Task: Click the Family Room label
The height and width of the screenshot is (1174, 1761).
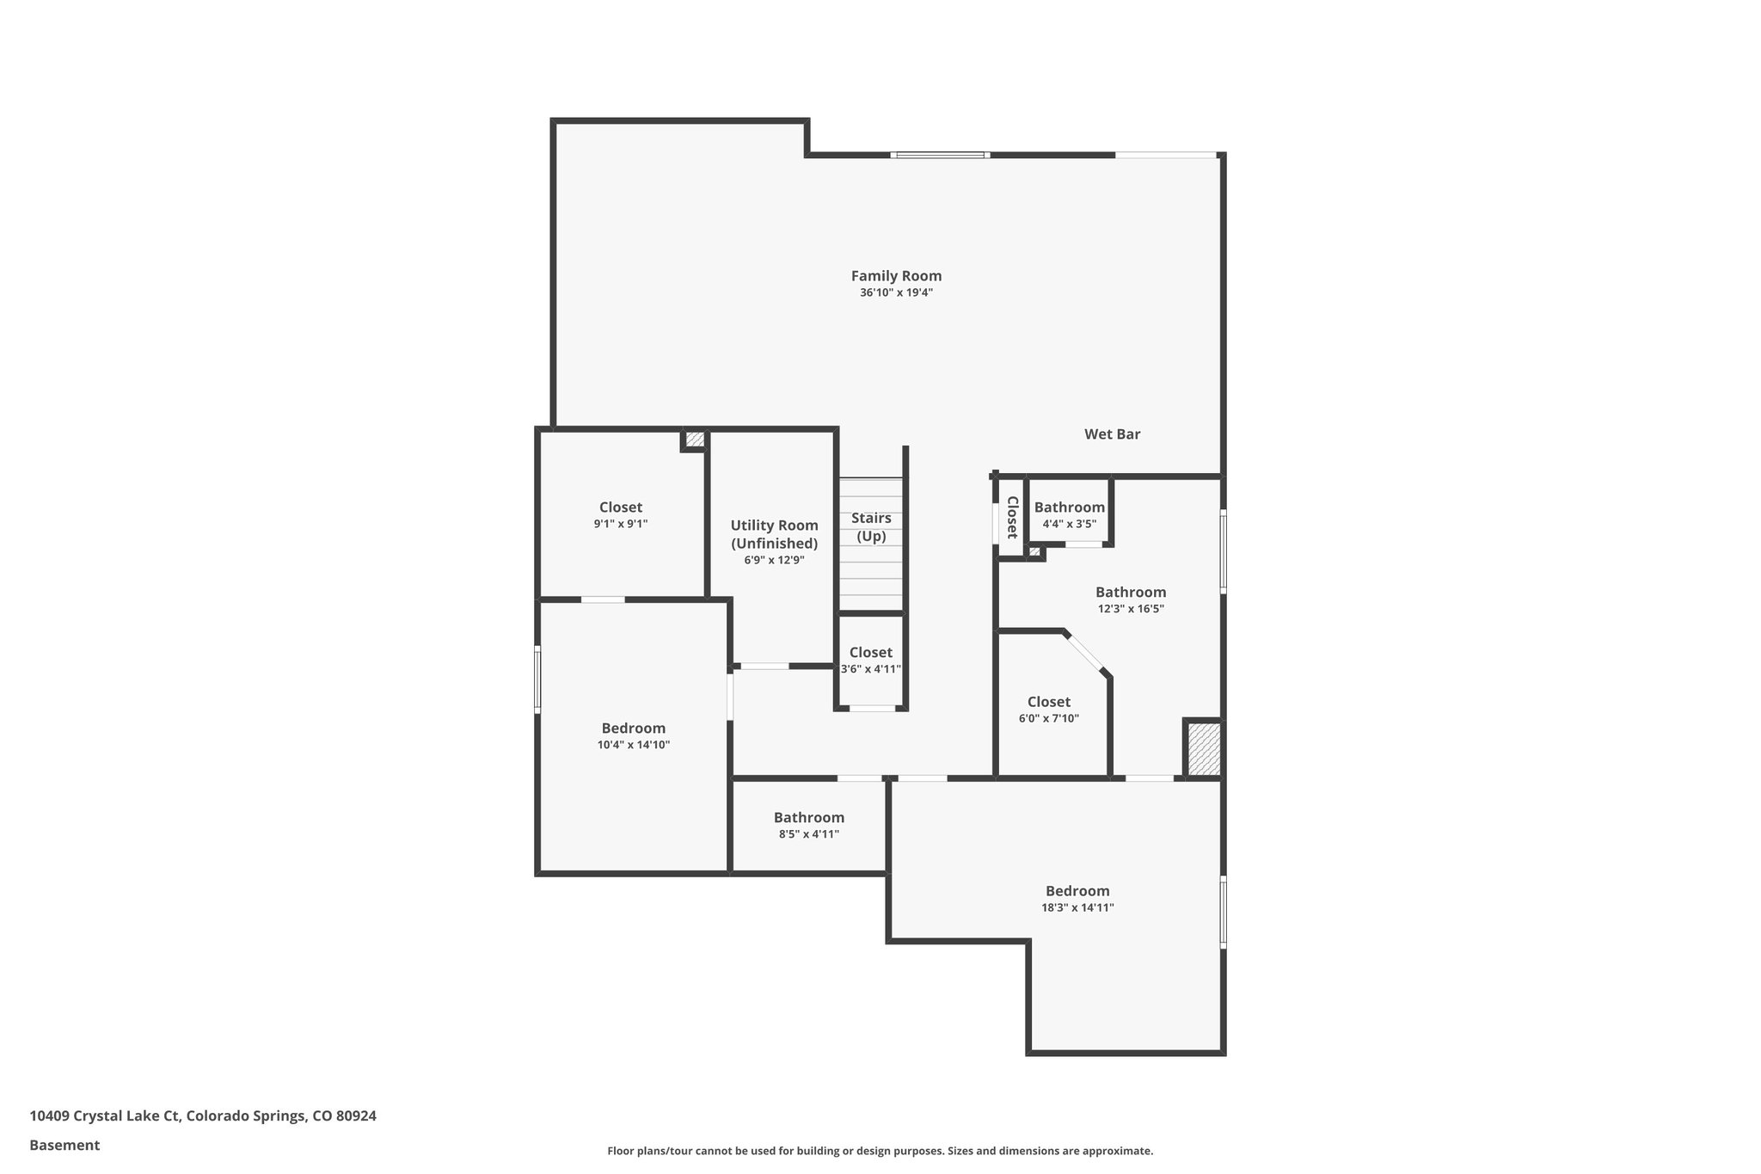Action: coord(896,276)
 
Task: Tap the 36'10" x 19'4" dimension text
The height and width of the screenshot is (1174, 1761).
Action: coord(896,292)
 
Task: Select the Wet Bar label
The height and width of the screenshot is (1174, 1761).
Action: coord(1112,434)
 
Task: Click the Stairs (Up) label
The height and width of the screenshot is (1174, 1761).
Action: coord(871,527)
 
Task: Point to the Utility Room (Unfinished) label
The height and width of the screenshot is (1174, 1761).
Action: coord(774,534)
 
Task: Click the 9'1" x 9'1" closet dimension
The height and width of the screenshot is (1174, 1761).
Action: coord(620,524)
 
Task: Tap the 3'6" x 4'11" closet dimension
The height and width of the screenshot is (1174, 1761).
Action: coord(870,669)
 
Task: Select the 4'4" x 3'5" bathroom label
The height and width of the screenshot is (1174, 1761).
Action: coord(1069,524)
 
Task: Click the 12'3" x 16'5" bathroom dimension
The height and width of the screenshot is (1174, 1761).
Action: coord(1131,609)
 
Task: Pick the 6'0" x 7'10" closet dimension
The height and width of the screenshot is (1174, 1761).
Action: coord(1048,719)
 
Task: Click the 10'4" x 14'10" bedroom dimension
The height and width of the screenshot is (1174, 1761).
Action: coord(633,745)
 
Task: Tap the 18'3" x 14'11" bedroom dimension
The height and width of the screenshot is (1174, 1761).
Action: coord(1077,907)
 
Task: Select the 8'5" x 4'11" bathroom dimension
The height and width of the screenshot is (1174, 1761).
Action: coord(808,834)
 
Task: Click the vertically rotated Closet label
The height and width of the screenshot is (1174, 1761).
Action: coord(1012,517)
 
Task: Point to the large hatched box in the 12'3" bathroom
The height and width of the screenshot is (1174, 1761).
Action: coord(1204,748)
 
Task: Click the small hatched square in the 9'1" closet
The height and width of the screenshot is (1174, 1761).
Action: coord(695,439)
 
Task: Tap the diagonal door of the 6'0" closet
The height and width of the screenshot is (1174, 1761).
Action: coord(1087,653)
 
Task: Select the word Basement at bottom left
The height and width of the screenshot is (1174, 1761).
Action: coord(64,1145)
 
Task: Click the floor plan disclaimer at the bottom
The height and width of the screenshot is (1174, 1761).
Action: coord(880,1151)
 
